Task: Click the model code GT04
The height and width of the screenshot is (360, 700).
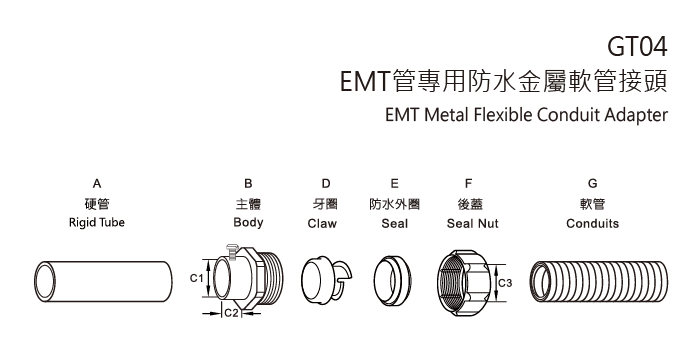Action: (x=637, y=45)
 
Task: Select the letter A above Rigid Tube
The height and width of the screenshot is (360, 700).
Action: (x=96, y=184)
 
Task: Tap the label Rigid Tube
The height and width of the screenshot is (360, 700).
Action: (x=96, y=223)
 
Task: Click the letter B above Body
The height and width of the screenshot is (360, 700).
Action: (x=248, y=184)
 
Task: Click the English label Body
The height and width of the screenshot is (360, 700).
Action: (x=248, y=223)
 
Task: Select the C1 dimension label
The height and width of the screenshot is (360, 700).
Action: (x=196, y=277)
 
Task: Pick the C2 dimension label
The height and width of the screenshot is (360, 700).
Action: (x=229, y=314)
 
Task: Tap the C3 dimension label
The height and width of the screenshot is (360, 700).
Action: (x=506, y=283)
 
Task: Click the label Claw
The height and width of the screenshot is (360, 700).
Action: (x=322, y=224)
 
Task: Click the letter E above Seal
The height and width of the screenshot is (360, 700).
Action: (x=395, y=184)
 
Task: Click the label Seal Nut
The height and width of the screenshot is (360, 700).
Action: (x=472, y=224)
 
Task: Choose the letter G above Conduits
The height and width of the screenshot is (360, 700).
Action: (x=593, y=184)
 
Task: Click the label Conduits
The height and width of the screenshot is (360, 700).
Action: (x=593, y=224)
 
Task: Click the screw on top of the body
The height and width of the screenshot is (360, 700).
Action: (x=233, y=256)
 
